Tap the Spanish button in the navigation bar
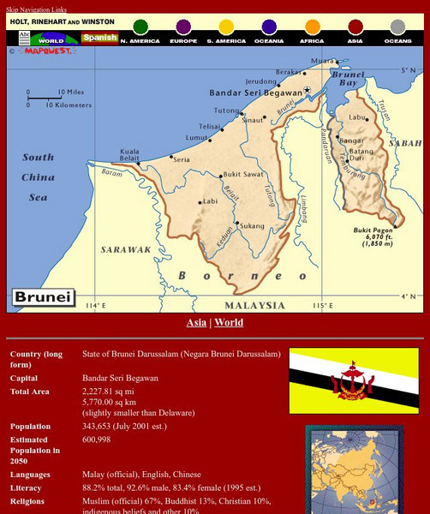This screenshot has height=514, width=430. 99,39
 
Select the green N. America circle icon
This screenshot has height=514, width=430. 140,27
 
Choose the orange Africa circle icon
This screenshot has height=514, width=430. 313,27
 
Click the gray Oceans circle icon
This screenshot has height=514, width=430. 398,27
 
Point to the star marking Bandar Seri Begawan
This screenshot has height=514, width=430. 307,90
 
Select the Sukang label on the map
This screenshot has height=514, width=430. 252,226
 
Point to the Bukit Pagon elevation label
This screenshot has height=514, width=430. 373,236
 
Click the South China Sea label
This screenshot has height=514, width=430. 38,176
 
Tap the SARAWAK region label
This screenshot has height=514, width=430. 126,250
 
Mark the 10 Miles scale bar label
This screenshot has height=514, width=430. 71,92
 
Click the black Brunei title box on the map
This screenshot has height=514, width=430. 44,299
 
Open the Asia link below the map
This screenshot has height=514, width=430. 196,323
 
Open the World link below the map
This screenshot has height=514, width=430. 229,323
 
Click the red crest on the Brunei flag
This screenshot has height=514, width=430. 352,380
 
